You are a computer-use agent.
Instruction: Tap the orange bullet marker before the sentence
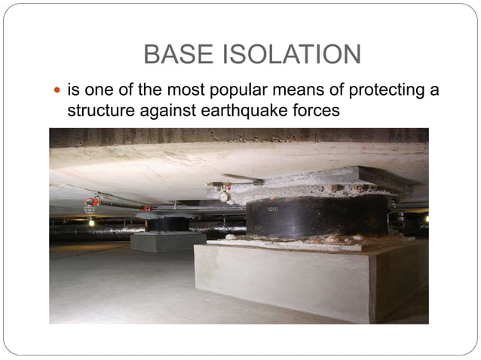click(x=60, y=91)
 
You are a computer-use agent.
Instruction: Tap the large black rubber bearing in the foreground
click(x=317, y=218)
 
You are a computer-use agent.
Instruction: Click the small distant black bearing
click(x=167, y=224)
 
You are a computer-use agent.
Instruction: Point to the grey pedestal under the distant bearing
click(x=167, y=241)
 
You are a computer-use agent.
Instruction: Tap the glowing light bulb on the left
click(x=90, y=222)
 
